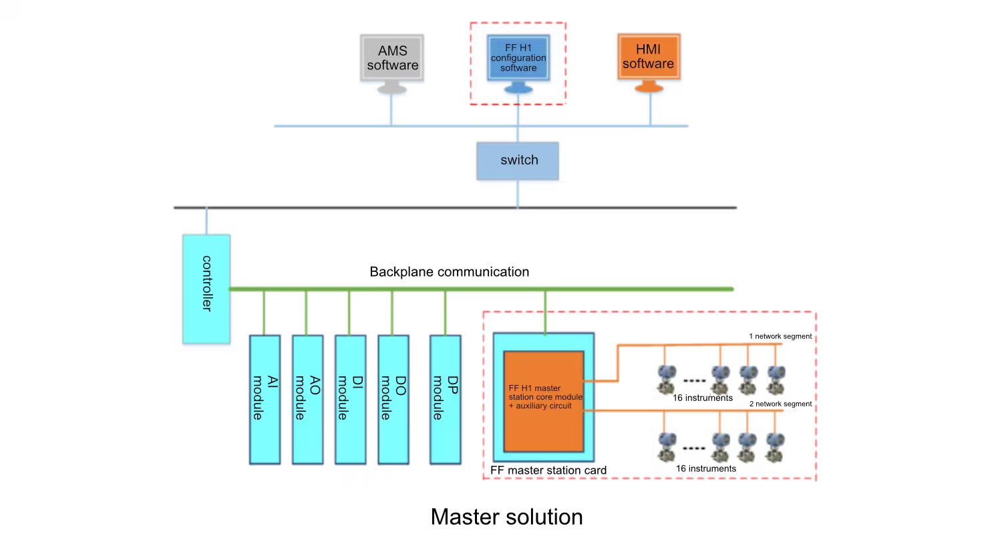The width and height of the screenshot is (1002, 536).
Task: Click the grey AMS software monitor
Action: tap(392, 58)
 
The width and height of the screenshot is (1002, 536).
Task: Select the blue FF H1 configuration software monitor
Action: tap(518, 58)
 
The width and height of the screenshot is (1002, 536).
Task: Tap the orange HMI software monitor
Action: tap(647, 57)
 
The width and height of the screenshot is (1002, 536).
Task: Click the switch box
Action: tap(518, 160)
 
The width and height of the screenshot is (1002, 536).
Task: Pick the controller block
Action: tap(206, 288)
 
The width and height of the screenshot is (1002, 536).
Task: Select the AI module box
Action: tap(264, 399)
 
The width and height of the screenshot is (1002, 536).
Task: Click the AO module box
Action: tap(307, 399)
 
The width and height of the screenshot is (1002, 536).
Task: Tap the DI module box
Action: tap(349, 399)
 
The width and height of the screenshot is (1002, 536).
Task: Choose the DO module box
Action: tap(392, 399)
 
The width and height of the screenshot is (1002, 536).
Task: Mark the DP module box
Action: tap(445, 399)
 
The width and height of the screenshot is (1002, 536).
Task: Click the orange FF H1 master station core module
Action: tap(544, 400)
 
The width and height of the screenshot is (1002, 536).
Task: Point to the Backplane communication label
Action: tap(449, 272)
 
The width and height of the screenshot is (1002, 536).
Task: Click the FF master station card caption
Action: tap(548, 471)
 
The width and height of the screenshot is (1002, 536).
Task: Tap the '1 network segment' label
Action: tap(780, 336)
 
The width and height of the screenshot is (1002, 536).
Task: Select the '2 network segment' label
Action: tap(780, 404)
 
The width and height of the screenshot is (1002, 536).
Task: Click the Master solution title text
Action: tap(506, 517)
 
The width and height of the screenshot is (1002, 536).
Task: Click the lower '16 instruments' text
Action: tap(705, 468)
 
